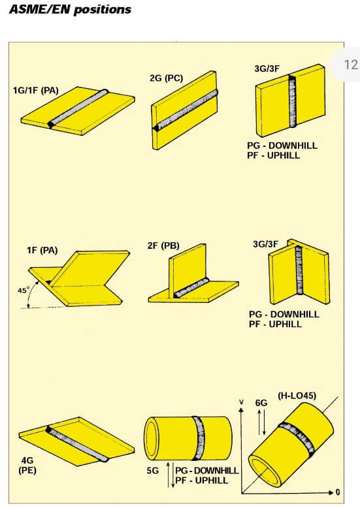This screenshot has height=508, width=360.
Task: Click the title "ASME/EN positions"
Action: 71,9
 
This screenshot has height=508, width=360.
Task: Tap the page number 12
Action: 351,65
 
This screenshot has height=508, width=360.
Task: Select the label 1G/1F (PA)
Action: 36,90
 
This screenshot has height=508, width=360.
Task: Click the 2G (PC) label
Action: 166,78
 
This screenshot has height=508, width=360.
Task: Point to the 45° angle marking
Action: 24,290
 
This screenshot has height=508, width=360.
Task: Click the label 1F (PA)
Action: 42,250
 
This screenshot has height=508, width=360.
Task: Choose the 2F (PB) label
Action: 163,246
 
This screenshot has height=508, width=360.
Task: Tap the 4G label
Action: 27,460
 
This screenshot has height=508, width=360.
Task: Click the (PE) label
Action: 27,470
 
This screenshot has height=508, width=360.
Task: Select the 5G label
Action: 152,470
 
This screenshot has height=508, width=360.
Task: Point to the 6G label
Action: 261,403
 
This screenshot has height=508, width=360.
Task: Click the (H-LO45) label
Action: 297,396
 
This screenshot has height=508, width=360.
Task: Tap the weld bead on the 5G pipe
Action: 198,438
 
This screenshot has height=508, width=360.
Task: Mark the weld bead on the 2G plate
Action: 185,110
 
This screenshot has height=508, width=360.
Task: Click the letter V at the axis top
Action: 241,402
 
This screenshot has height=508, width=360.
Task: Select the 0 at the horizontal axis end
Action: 338,492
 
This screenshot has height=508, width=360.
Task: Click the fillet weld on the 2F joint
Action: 191,288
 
